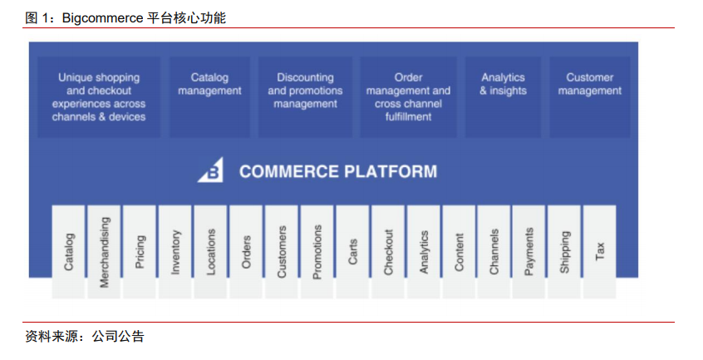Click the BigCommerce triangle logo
pos(212,170)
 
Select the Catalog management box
pos(209,96)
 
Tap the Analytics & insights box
pos(503,96)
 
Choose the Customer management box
pos(589,96)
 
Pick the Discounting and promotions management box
pos(305,96)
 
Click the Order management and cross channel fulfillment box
pos(408,96)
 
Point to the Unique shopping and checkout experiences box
pos(99,96)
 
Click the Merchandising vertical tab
pos(104,252)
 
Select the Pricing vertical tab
pos(140,252)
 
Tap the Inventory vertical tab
pos(175,252)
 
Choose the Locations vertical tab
pos(210,252)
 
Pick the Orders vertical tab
pos(246,252)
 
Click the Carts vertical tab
pos(352,252)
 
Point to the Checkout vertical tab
pos(388,252)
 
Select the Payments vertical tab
pos(529,252)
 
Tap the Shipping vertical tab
pos(564,252)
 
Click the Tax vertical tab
pos(599,252)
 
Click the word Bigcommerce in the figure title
pos(102,18)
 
